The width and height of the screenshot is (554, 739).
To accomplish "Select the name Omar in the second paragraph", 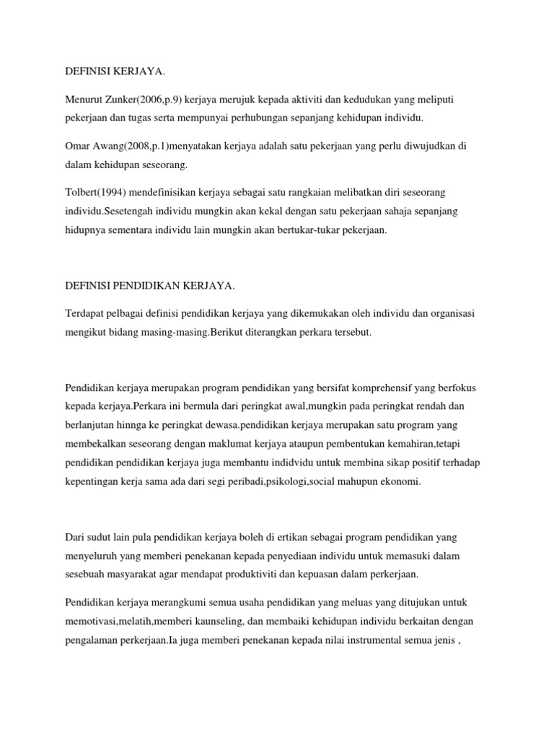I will [x=77, y=146].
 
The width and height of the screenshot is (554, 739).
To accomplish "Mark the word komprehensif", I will [x=400, y=388].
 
